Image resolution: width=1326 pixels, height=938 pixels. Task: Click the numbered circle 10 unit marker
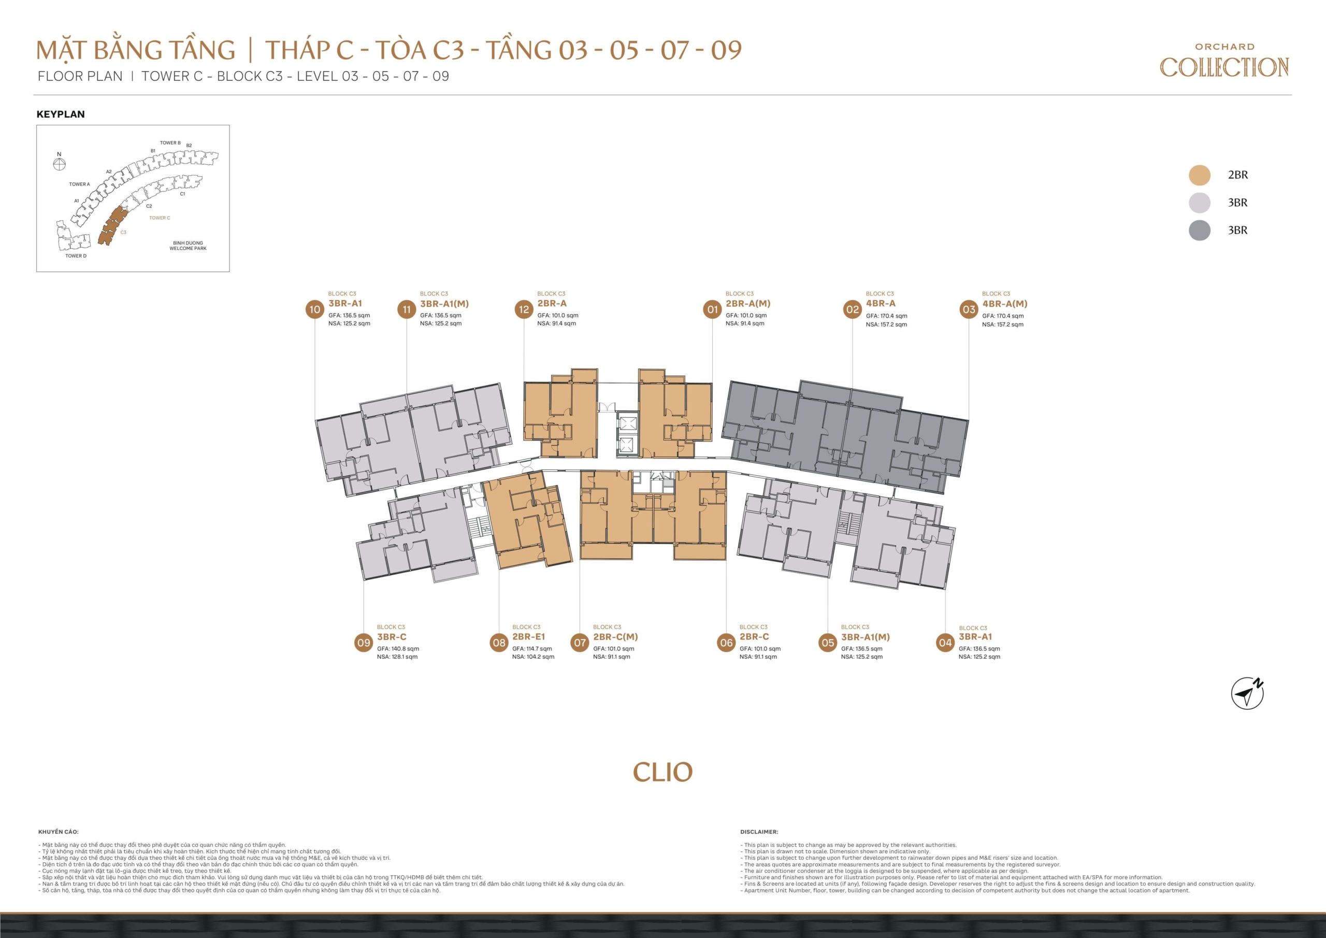pyautogui.click(x=315, y=309)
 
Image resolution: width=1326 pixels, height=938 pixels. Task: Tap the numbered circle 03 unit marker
pyautogui.click(x=969, y=310)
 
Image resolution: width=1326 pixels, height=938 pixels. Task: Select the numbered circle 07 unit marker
pyautogui.click(x=579, y=643)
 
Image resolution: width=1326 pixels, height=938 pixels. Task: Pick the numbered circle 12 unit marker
pyautogui.click(x=524, y=309)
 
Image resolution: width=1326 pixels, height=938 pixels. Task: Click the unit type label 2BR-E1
pyautogui.click(x=528, y=637)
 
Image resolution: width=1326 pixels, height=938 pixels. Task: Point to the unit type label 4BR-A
pyautogui.click(x=881, y=303)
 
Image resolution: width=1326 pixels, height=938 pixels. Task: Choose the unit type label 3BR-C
pyautogui.click(x=392, y=637)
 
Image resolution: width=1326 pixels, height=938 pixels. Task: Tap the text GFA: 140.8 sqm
pyautogui.click(x=398, y=648)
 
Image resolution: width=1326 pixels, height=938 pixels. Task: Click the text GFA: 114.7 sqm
pyautogui.click(x=532, y=648)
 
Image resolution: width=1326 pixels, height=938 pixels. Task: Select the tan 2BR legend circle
pyautogui.click(x=1200, y=175)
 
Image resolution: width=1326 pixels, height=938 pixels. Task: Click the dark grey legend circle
pyautogui.click(x=1200, y=230)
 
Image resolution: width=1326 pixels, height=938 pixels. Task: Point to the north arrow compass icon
pyautogui.click(x=1247, y=693)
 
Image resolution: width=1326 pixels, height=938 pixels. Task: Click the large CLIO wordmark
pyautogui.click(x=662, y=772)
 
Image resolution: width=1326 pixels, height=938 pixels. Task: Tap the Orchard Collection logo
pyautogui.click(x=1224, y=61)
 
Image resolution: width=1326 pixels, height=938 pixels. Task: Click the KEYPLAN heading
pyautogui.click(x=61, y=115)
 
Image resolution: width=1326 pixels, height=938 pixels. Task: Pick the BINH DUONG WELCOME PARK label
pyautogui.click(x=188, y=246)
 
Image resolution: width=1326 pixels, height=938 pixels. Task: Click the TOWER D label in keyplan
pyautogui.click(x=76, y=256)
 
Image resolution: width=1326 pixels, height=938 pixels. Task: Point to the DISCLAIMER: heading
pyautogui.click(x=759, y=832)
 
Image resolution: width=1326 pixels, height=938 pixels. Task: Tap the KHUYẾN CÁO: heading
pyautogui.click(x=59, y=832)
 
